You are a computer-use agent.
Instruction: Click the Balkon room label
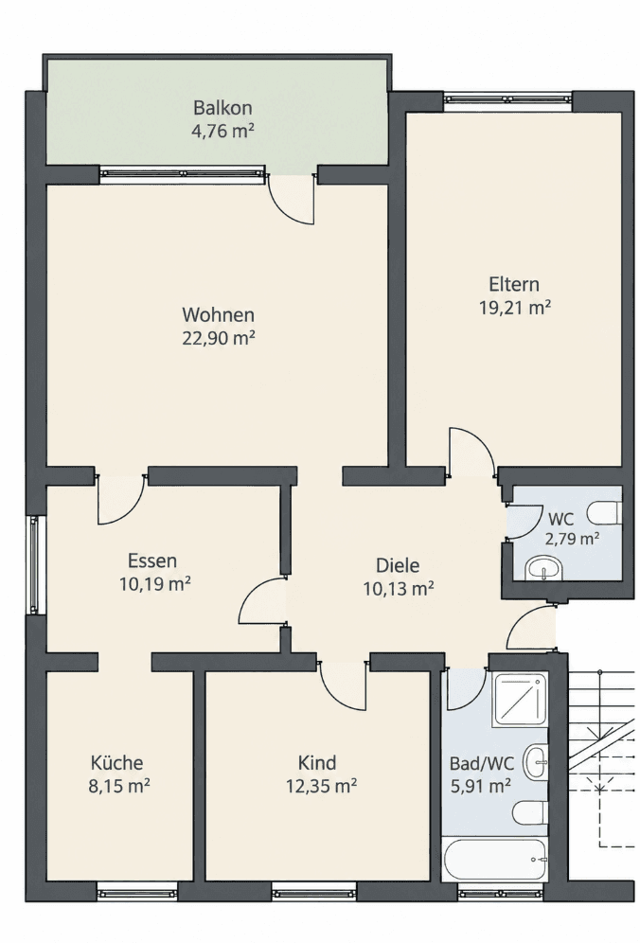click(x=222, y=108)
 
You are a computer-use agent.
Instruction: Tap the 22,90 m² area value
click(x=219, y=339)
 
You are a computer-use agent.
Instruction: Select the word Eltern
click(x=514, y=284)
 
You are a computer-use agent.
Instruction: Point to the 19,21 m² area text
click(x=515, y=308)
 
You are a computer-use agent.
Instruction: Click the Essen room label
click(x=152, y=560)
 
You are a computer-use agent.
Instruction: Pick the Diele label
click(x=398, y=565)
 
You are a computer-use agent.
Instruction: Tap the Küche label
click(x=117, y=763)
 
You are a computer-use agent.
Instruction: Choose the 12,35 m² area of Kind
click(x=322, y=786)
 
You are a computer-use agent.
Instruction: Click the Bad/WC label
click(x=482, y=764)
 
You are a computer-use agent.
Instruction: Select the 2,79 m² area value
click(x=572, y=539)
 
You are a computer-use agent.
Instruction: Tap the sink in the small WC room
click(x=542, y=568)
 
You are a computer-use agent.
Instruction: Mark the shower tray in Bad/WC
click(x=521, y=699)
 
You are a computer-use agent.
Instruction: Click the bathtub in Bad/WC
click(x=495, y=858)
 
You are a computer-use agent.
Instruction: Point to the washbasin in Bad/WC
click(x=535, y=762)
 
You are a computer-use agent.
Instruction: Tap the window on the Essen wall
click(x=34, y=565)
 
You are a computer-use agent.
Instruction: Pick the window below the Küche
click(x=137, y=893)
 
